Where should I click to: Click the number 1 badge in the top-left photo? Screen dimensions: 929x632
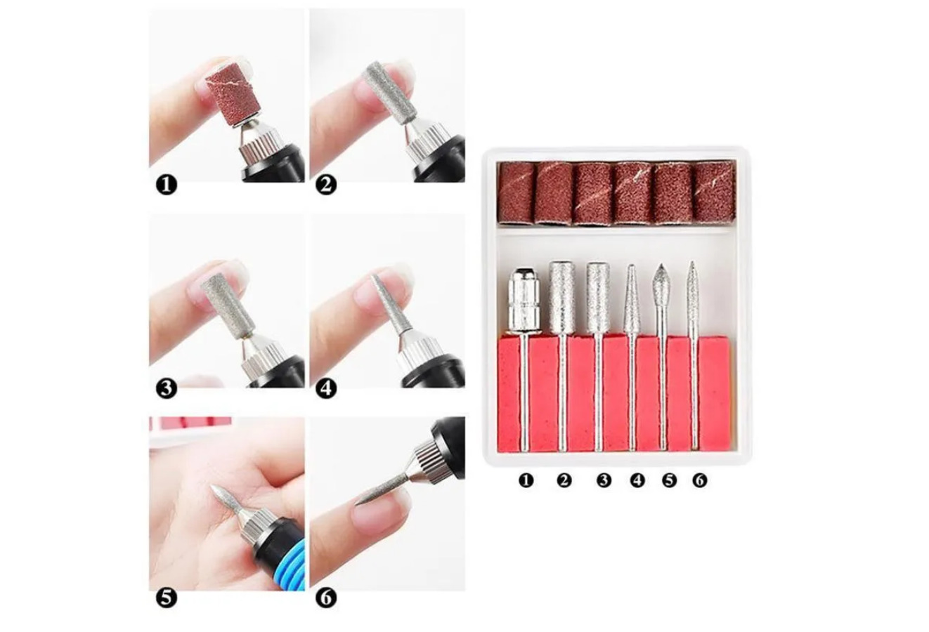point(167,185)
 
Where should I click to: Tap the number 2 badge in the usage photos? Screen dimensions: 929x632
point(326,185)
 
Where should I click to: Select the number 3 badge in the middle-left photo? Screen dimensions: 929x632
point(167,389)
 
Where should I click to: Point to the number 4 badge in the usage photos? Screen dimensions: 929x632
point(326,389)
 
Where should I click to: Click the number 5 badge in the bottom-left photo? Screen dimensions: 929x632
point(167,598)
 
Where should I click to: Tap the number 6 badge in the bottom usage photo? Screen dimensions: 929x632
point(326,598)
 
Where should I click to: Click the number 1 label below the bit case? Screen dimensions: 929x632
point(526,481)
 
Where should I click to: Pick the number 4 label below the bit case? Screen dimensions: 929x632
point(637,481)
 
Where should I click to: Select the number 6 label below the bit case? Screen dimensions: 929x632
point(700,481)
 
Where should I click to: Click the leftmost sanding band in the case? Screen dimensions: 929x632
point(517,193)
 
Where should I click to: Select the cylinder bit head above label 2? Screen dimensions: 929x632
point(562,295)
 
